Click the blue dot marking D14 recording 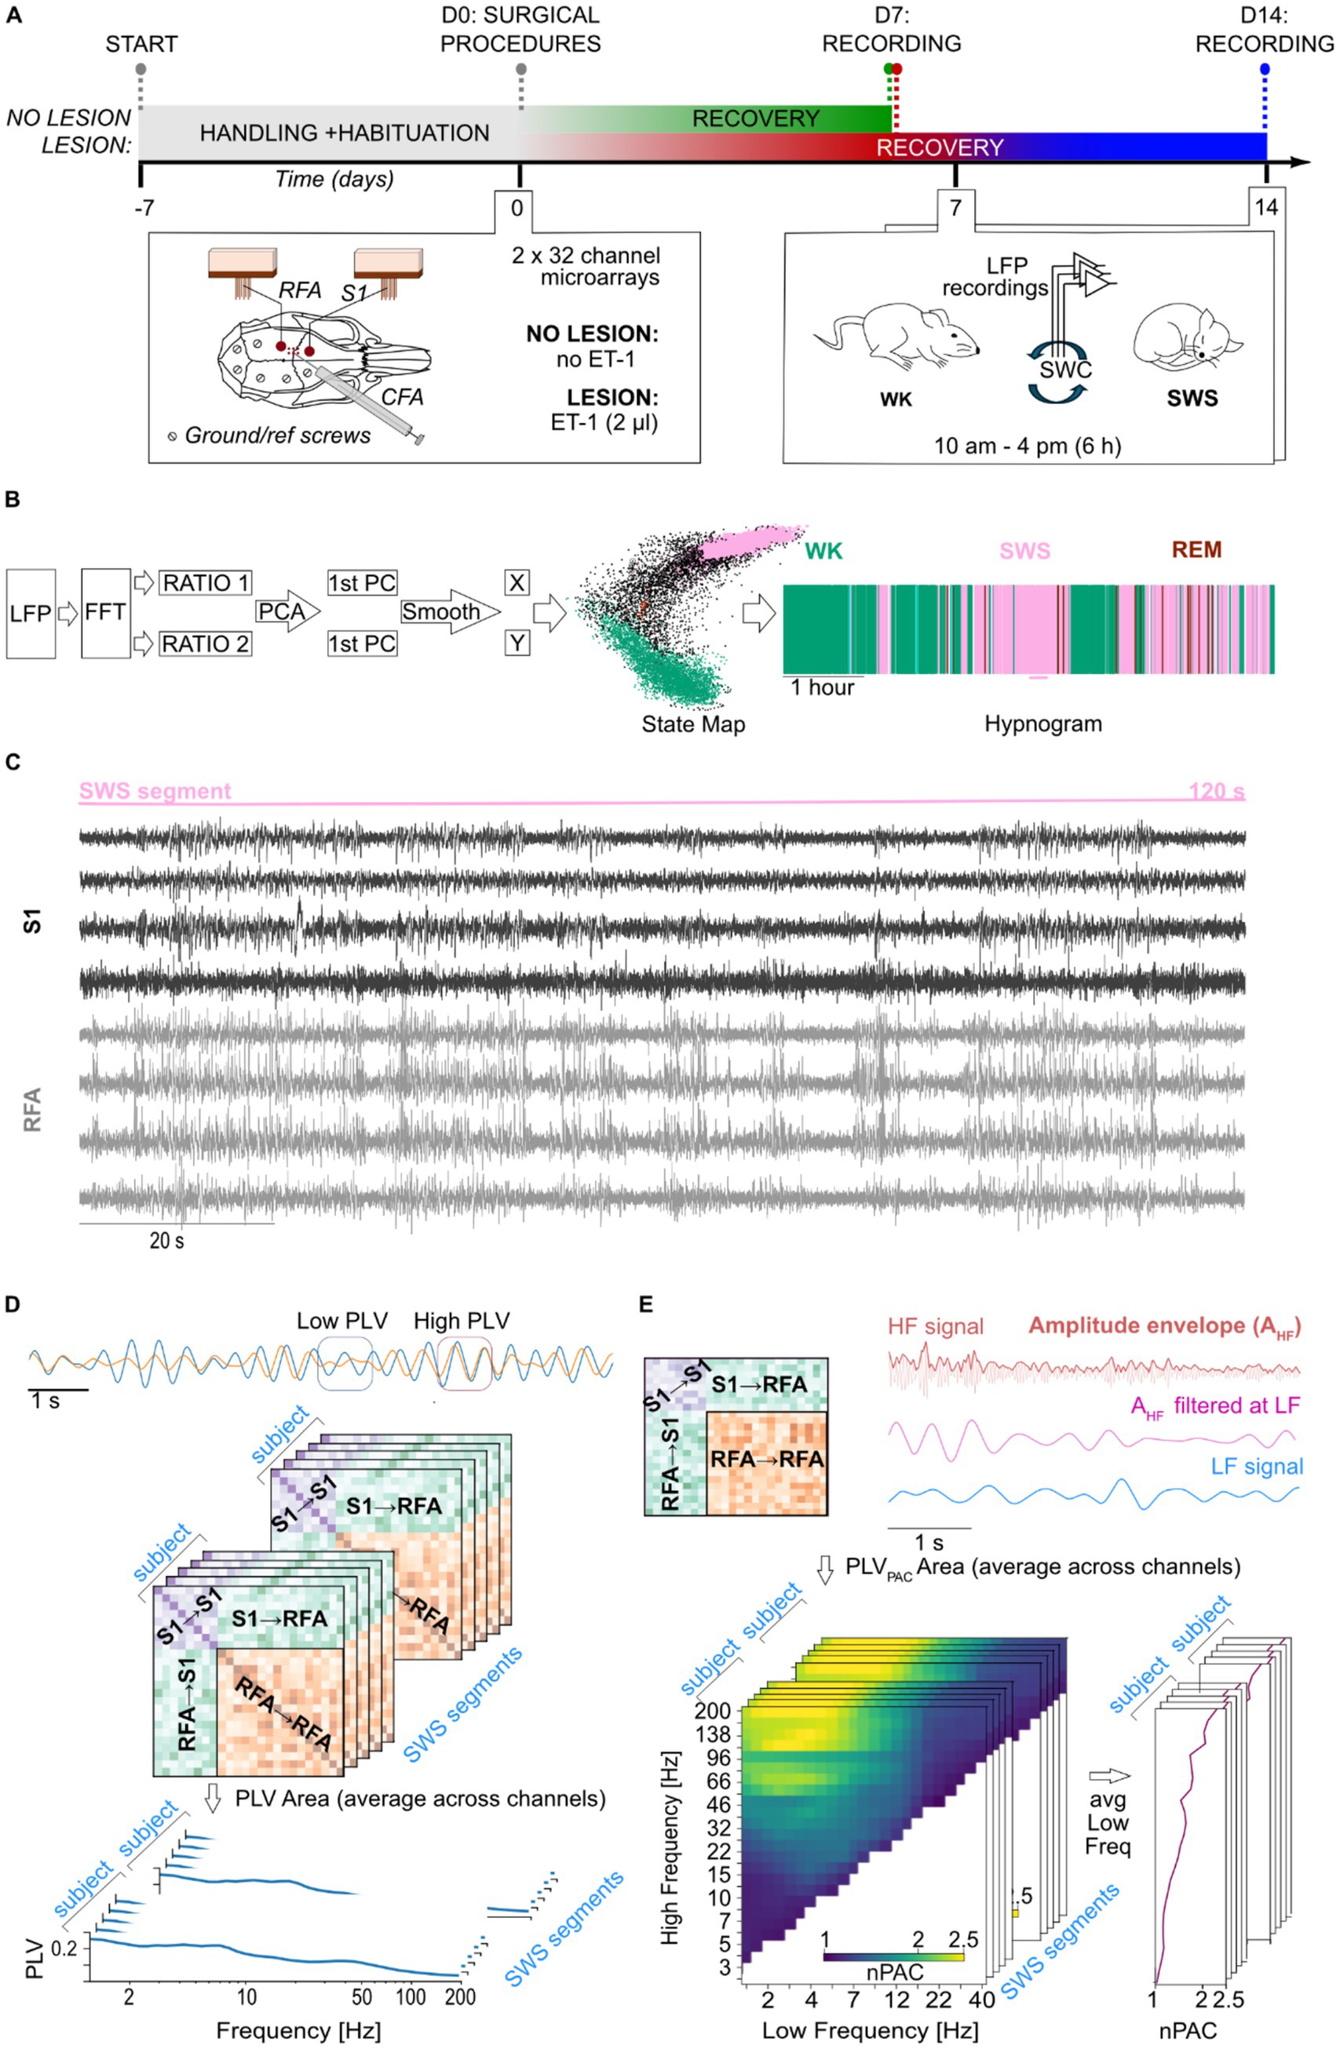coord(1263,69)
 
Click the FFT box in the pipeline coord(105,612)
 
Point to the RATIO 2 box coord(205,644)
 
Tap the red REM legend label coord(1196,550)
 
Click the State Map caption coord(692,724)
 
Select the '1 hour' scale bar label coord(822,687)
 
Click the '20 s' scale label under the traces coord(166,1241)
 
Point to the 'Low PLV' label coord(342,1321)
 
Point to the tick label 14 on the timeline coord(1265,207)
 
